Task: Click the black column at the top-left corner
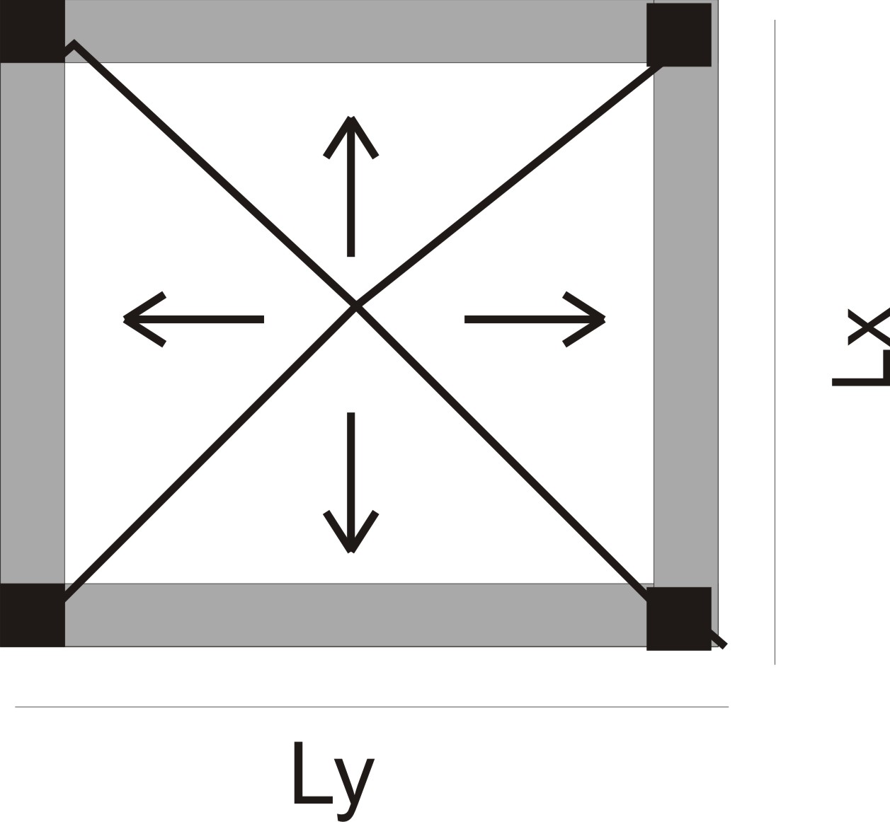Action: click(x=32, y=30)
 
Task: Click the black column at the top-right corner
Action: click(x=678, y=35)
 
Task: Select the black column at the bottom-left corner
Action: click(x=32, y=615)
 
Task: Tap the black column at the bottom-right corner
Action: click(x=678, y=618)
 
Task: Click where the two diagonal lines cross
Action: click(x=355, y=306)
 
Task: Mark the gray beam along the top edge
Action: click(x=354, y=32)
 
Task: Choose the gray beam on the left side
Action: click(x=32, y=322)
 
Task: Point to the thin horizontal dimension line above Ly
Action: click(x=372, y=706)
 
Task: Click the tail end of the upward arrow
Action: click(x=350, y=251)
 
